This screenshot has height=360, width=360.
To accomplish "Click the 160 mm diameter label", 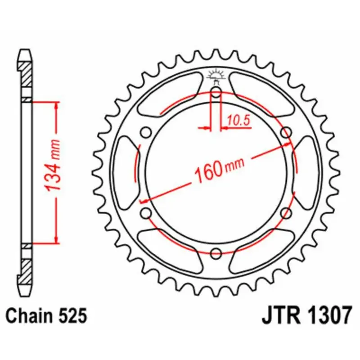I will tap(219, 167).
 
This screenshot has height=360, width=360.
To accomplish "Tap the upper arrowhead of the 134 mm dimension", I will tap(56, 106).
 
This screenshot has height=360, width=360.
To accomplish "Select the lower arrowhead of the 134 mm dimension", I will tap(56, 238).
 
